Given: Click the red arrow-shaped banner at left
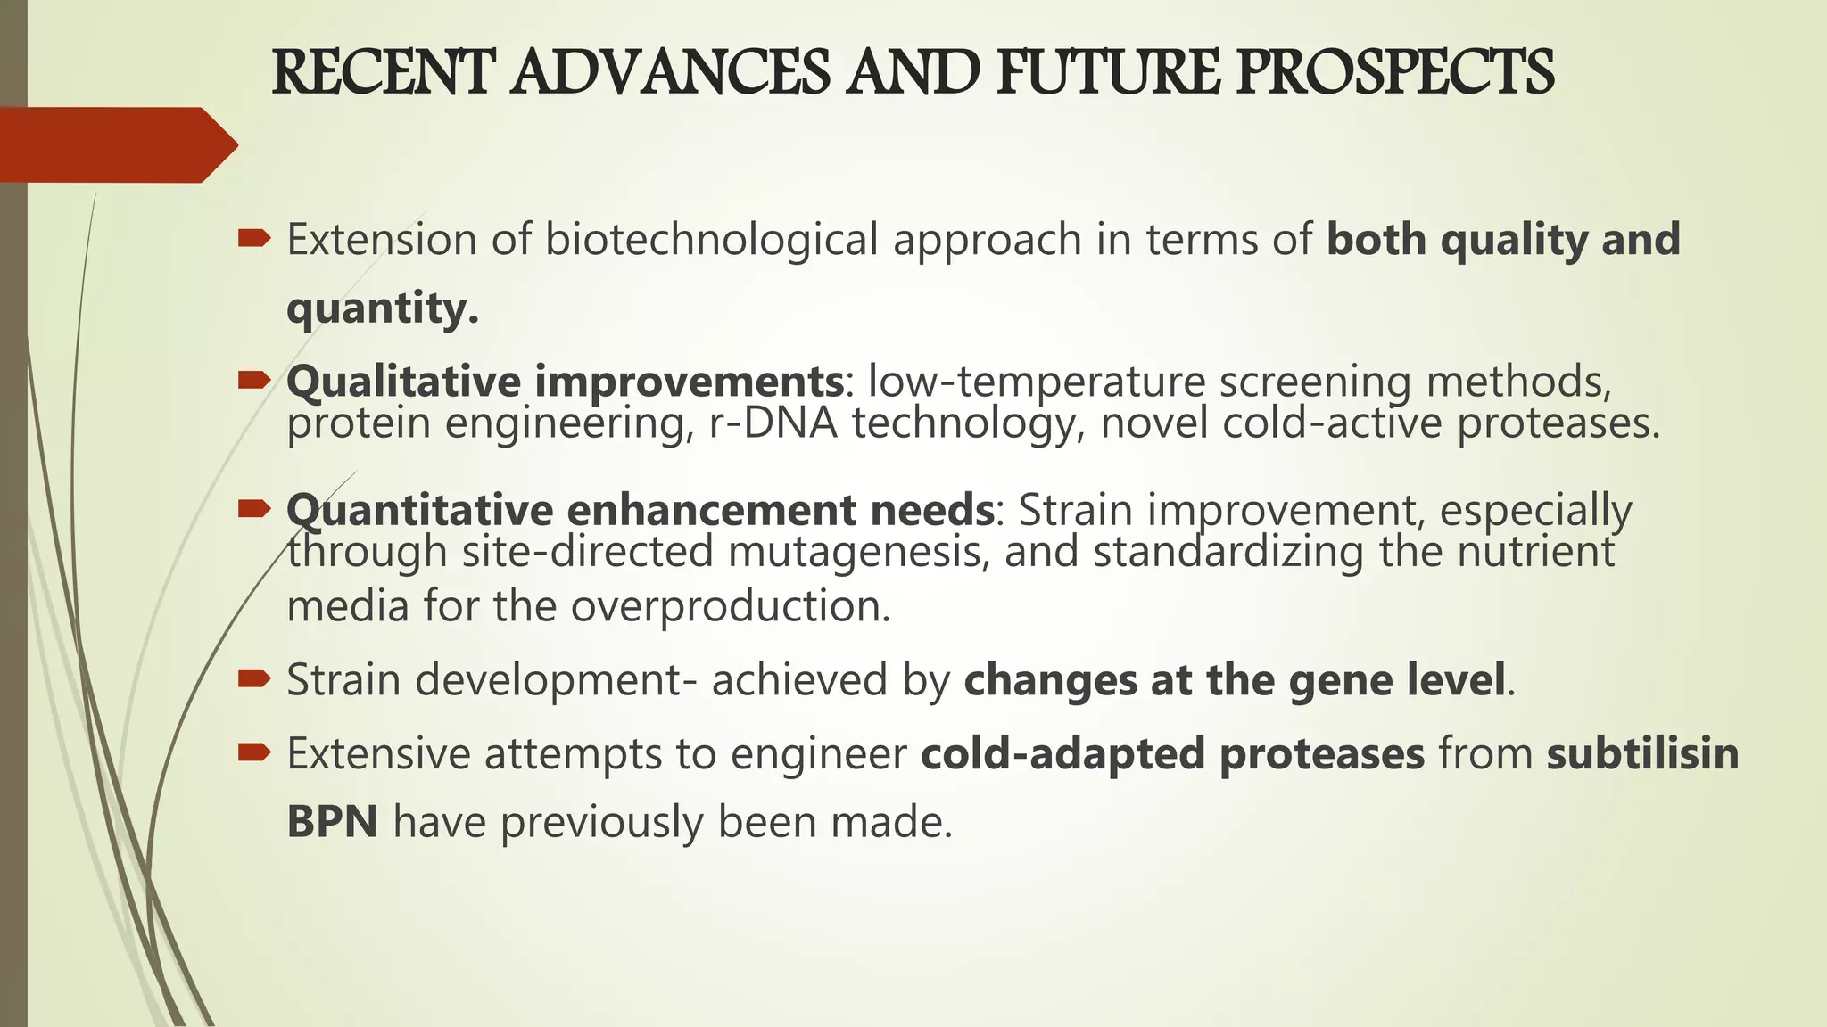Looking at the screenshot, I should (x=116, y=144).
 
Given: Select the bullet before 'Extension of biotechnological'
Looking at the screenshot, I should (x=254, y=238).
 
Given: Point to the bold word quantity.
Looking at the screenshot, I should (x=382, y=308).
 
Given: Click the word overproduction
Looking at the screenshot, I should (x=731, y=606).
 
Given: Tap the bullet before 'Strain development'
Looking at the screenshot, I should (x=254, y=679).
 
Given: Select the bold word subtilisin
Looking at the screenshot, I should (x=1642, y=753).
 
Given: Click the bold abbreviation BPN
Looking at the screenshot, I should (x=332, y=821).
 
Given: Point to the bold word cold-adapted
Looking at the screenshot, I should (x=1062, y=753).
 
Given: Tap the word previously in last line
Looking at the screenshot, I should (x=602, y=822).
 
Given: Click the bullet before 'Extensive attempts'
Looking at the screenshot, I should (x=254, y=753).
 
